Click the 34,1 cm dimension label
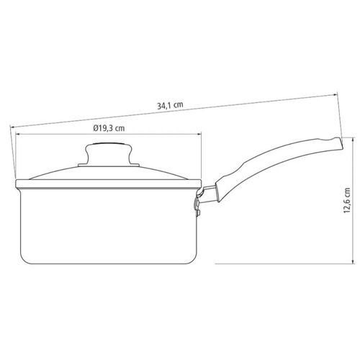pyautogui.click(x=170, y=105)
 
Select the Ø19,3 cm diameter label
pyautogui.click(x=109, y=128)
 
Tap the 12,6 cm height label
pyautogui.click(x=347, y=201)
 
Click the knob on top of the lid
pyautogui.click(x=109, y=153)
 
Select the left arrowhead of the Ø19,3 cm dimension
pyautogui.click(x=17, y=135)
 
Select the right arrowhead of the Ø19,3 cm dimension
pyautogui.click(x=199, y=135)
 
